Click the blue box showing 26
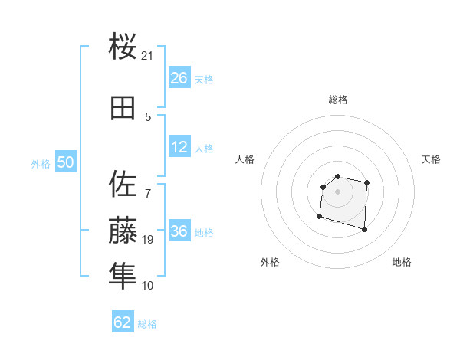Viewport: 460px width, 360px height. [x=179, y=79]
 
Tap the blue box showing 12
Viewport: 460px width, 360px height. [x=179, y=148]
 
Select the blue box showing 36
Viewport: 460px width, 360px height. [x=179, y=232]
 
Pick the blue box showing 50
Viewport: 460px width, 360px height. [x=65, y=163]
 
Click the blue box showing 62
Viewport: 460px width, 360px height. [x=123, y=322]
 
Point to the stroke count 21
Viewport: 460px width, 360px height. [x=148, y=56]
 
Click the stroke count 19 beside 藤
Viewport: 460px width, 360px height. [x=148, y=240]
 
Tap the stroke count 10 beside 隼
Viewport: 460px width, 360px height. [x=148, y=286]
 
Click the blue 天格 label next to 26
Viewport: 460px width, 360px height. [x=204, y=80]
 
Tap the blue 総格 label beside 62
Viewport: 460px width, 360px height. [x=147, y=323]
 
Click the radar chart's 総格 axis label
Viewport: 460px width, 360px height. [x=338, y=100]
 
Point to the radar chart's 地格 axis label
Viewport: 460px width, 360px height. [x=402, y=262]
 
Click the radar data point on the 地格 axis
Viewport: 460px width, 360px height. [x=364, y=229]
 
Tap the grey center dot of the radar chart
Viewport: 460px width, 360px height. [x=337, y=191]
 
